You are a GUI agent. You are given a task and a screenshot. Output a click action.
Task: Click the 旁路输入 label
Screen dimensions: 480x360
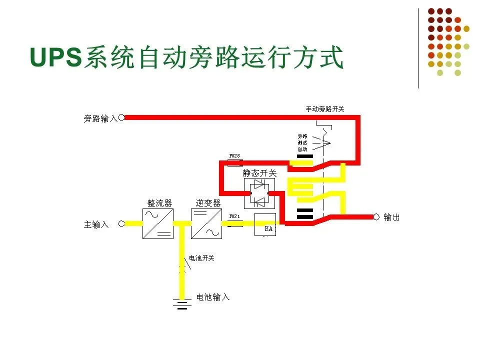click(100, 118)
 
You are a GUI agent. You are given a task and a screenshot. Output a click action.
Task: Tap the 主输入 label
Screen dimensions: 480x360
click(96, 224)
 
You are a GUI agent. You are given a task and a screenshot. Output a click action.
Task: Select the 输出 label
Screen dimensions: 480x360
click(392, 217)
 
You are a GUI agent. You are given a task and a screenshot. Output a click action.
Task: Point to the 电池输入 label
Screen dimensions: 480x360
click(213, 297)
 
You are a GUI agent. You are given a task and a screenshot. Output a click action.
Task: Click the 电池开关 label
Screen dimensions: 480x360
click(201, 258)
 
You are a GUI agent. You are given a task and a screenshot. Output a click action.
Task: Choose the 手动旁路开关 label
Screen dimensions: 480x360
click(325, 108)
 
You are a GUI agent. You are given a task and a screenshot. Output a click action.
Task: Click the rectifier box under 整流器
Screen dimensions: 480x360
click(158, 223)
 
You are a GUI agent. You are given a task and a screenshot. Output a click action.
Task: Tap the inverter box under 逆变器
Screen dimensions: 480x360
click(206, 223)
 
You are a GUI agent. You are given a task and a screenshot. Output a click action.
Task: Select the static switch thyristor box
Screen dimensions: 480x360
click(259, 193)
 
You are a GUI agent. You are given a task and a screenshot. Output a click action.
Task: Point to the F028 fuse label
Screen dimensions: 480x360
click(234, 156)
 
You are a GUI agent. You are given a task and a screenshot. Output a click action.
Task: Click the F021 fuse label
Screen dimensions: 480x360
click(234, 216)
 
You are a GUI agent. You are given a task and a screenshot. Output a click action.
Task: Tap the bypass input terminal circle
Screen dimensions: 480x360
click(121, 117)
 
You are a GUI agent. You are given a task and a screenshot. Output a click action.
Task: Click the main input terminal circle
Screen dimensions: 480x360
click(121, 223)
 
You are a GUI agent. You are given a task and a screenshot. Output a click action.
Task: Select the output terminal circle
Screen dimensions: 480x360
click(376, 216)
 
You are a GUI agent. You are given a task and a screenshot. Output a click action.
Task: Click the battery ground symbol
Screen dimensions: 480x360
click(182, 303)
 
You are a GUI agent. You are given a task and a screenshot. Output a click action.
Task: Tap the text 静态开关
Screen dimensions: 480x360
click(259, 173)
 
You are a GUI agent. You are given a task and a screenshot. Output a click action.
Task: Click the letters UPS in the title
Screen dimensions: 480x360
click(55, 57)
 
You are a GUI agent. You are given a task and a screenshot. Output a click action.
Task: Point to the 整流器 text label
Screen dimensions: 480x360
click(159, 202)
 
